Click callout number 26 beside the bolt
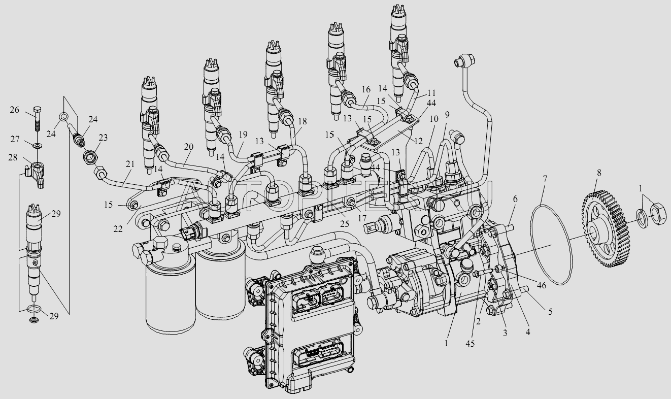[x=14, y=110]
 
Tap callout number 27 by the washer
[x=15, y=139]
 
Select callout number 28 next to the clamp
[x=13, y=157]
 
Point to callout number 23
[x=103, y=138]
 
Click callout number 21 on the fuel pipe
[x=130, y=164]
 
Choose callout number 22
[x=118, y=229]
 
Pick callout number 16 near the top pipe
[x=366, y=89]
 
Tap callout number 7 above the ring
[x=545, y=179]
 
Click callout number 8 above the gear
[x=599, y=173]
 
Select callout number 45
[x=471, y=344]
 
